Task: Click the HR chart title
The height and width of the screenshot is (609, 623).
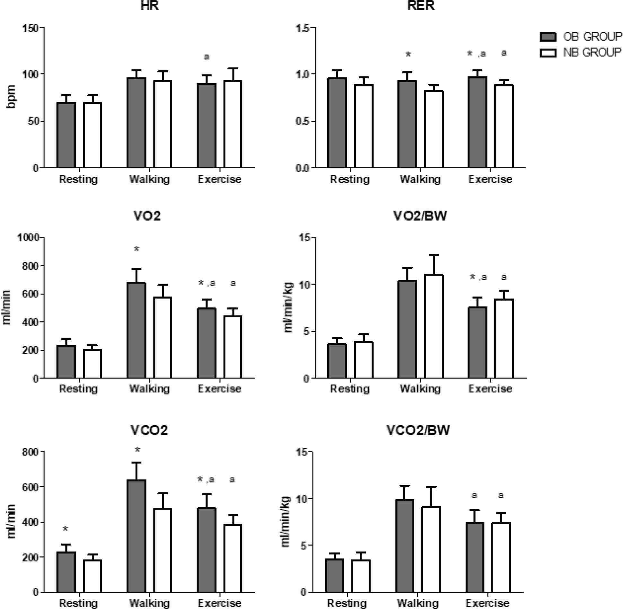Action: [150, 6]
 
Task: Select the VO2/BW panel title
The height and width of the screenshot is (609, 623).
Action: [420, 216]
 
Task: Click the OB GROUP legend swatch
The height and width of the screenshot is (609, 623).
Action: [548, 37]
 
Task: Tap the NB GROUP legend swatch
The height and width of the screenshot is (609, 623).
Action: [548, 52]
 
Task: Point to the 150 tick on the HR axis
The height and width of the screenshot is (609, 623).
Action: [30, 28]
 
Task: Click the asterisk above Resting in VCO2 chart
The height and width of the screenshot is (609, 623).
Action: [66, 529]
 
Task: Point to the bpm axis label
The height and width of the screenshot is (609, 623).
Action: [11, 96]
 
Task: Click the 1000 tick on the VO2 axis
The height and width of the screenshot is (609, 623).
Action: [28, 238]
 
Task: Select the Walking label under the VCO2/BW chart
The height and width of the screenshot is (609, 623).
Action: [417, 603]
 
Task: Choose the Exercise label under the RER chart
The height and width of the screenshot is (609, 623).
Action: [490, 179]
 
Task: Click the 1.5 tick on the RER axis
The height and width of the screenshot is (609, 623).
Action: [303, 28]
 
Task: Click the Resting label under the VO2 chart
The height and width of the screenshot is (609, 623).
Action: [79, 389]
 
